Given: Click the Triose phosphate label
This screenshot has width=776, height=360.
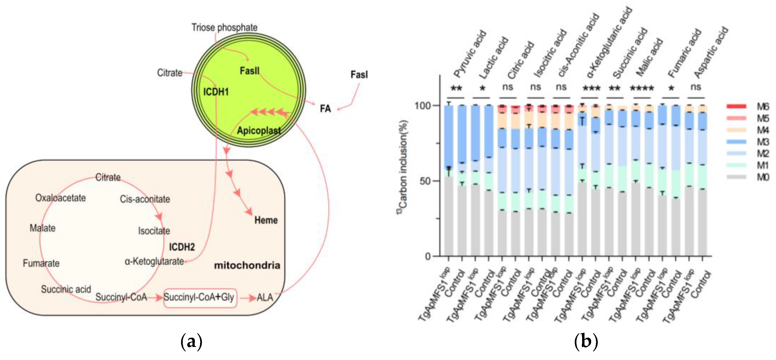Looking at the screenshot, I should click(224, 28).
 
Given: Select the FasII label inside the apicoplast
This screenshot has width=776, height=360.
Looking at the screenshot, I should click(249, 71).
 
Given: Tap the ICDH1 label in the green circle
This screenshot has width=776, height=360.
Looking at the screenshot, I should click(216, 92).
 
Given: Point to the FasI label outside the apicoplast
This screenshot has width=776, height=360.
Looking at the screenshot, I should click(359, 75).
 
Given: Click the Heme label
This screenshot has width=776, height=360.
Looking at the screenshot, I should click(266, 220).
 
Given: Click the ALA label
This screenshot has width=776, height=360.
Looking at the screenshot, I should click(265, 298).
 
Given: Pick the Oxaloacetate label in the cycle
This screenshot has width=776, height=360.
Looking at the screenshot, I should click(61, 198).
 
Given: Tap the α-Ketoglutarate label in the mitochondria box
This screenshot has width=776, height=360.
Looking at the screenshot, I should click(154, 261).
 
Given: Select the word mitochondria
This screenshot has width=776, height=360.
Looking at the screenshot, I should click(247, 265).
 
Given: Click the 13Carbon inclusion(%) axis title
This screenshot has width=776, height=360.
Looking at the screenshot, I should click(403, 167).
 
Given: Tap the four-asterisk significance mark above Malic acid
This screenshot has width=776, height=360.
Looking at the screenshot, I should click(642, 88).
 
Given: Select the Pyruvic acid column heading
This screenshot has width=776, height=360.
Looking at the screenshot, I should click(470, 54).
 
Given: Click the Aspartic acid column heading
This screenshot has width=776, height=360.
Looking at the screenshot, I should click(711, 53).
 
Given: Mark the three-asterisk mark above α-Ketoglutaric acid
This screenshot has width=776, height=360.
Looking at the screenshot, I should click(591, 88).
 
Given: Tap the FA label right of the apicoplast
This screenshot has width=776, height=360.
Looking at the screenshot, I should click(325, 108).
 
